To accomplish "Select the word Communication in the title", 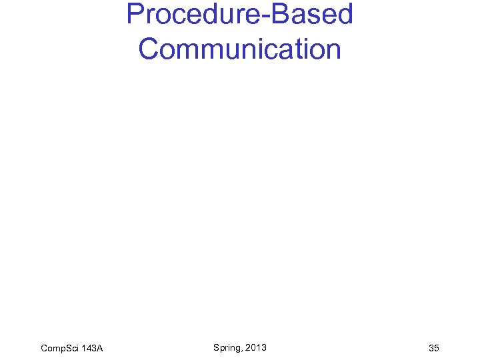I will click(240, 49).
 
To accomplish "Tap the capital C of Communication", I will click(149, 49).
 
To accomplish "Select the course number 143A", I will click(92, 348).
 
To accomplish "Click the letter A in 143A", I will click(99, 348).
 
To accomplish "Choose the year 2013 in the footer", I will click(256, 347).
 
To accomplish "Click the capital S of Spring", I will click(217, 347).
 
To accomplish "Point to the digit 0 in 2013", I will click(253, 347).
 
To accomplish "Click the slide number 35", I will click(434, 348).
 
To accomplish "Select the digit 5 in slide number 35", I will click(437, 348).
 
